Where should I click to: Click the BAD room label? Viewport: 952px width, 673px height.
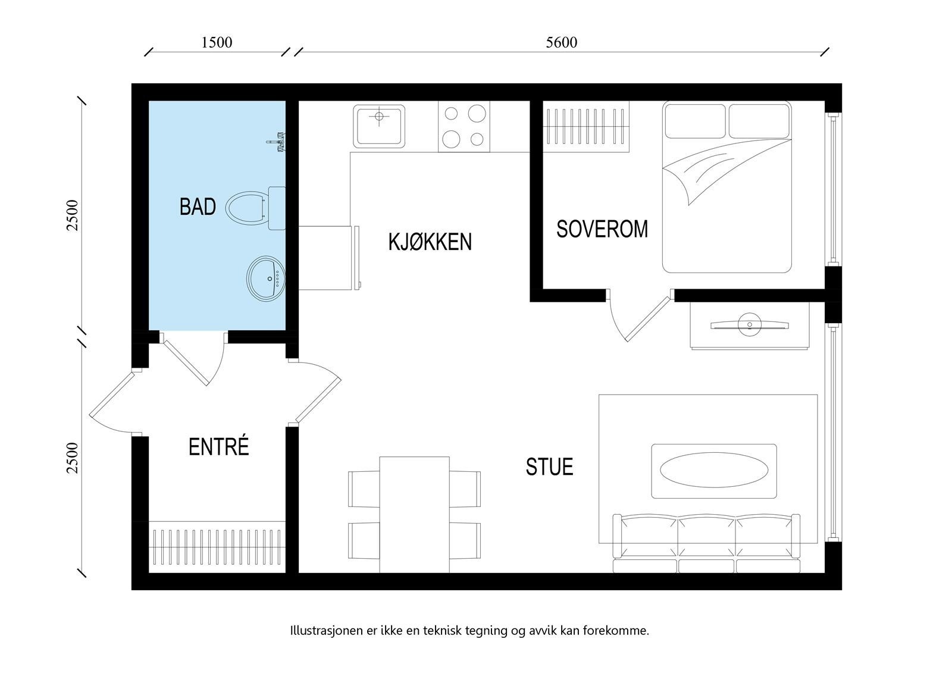[198, 207]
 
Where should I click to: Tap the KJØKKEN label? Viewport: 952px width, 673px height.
[430, 242]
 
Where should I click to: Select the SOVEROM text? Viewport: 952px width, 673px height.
[602, 229]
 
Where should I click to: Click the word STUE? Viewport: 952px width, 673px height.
[549, 467]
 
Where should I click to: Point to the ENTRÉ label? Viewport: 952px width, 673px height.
[218, 447]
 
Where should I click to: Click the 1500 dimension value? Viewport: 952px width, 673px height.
[217, 43]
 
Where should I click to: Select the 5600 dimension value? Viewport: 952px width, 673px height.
[561, 43]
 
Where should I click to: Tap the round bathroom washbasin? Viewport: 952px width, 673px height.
[266, 278]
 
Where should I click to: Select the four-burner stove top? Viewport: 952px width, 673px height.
[464, 127]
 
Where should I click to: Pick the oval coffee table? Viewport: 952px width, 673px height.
[713, 471]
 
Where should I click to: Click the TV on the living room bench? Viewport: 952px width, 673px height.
[749, 325]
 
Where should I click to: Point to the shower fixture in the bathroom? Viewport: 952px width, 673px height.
[277, 143]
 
